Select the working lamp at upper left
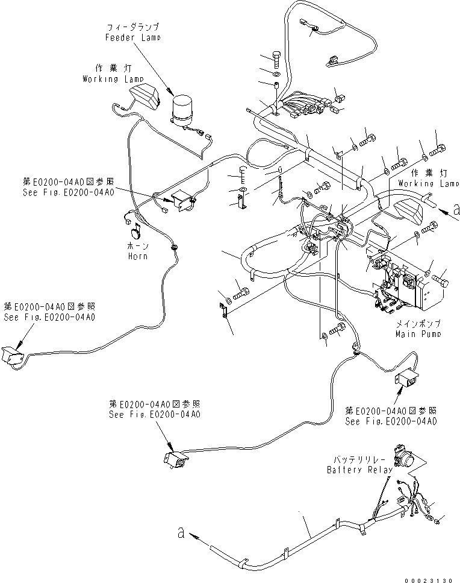click(144, 96)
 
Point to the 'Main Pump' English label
click(418, 333)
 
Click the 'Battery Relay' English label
click(359, 470)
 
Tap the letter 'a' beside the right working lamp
click(456, 209)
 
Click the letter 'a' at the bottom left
click(180, 531)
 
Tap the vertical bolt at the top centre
click(276, 58)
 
